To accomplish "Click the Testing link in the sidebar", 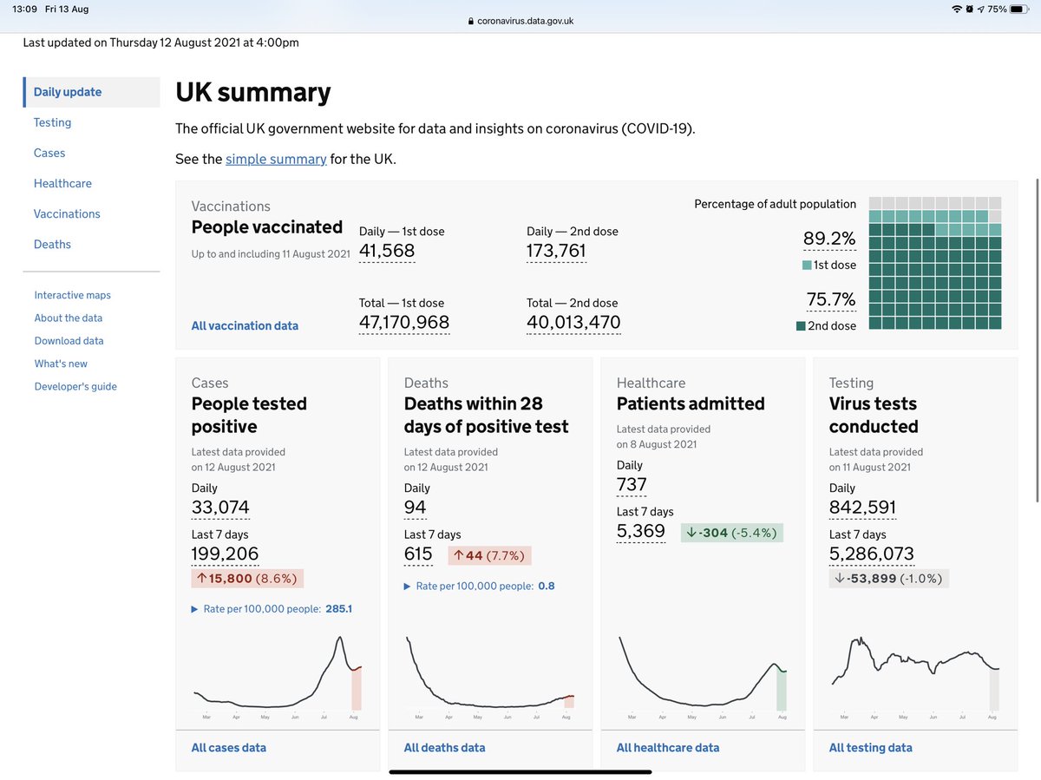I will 52,122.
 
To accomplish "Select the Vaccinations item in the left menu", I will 67,213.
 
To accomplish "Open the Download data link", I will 69,341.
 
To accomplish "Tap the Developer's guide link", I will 75,386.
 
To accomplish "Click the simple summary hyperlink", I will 276,160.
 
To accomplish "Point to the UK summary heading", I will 252,93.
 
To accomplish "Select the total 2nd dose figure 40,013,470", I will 573,323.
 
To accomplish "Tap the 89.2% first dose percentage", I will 830,239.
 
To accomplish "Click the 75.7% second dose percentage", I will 830,300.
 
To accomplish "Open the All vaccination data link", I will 245,326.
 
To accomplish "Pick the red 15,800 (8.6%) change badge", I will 247,579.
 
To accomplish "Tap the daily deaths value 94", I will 416,508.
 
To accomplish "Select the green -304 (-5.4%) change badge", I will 730,533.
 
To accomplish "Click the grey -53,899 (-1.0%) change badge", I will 888,579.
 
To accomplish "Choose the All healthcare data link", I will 668,748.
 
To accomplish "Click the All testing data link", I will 870,748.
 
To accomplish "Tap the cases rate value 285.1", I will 338,609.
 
